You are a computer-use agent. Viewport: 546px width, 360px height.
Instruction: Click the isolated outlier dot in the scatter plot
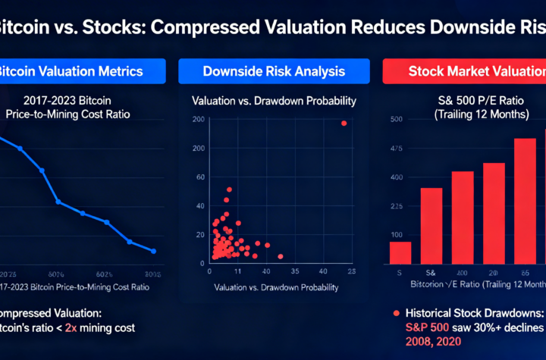pyautogui.click(x=344, y=123)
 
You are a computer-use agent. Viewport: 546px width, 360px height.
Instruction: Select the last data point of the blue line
pyautogui.click(x=154, y=251)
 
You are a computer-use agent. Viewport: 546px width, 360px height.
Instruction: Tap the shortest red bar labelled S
pyautogui.click(x=400, y=252)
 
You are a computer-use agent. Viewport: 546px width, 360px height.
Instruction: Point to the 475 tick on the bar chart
pyautogui.click(x=395, y=149)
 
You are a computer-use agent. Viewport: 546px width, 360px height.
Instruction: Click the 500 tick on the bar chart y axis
pyautogui.click(x=395, y=119)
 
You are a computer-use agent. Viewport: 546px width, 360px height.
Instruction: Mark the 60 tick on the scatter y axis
pyautogui.click(x=199, y=182)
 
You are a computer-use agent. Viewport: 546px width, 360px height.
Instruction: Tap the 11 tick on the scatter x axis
pyautogui.click(x=237, y=271)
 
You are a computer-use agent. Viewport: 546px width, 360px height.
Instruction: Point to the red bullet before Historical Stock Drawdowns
pyautogui.click(x=395, y=312)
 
